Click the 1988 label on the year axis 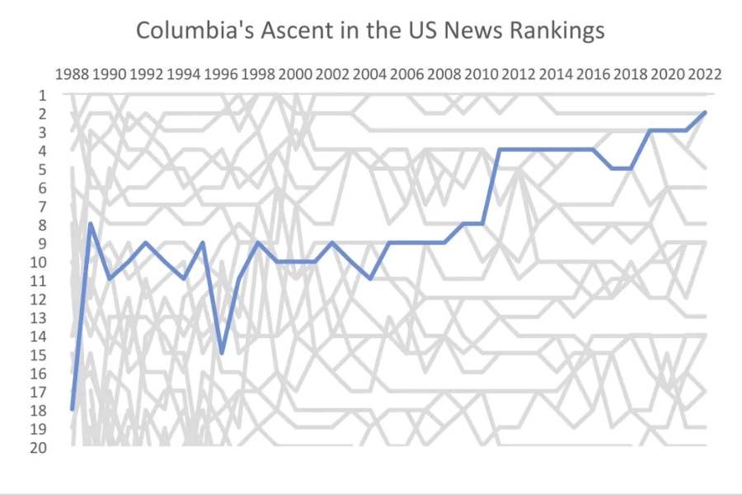click(x=72, y=74)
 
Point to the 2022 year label click(x=705, y=74)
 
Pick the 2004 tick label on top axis click(x=370, y=74)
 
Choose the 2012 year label click(x=519, y=74)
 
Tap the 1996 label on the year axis click(x=221, y=74)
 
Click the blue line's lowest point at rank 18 click(x=73, y=409)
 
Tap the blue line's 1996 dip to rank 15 click(x=222, y=353)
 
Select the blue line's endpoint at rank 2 click(x=705, y=113)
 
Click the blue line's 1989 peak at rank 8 click(x=91, y=224)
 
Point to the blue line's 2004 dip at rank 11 click(x=370, y=279)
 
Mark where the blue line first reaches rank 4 click(x=500, y=149)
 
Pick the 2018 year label click(x=631, y=74)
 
